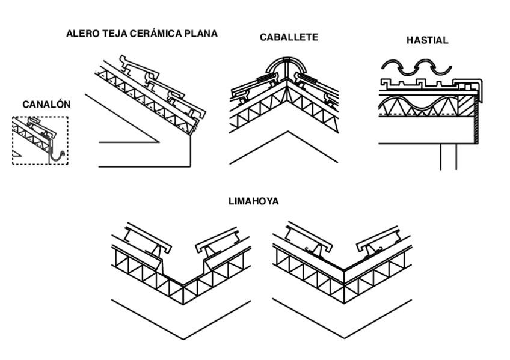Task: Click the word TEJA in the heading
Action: point(107,34)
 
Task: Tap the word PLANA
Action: point(201,34)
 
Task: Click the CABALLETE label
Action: point(289,37)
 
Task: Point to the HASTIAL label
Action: point(427,41)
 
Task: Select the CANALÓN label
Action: point(46,105)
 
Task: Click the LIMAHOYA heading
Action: point(253,202)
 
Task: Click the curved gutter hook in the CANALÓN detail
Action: point(58,158)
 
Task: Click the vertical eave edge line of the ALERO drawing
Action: point(191,150)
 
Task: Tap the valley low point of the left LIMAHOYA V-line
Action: point(183,338)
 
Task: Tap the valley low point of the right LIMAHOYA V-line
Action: point(345,337)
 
